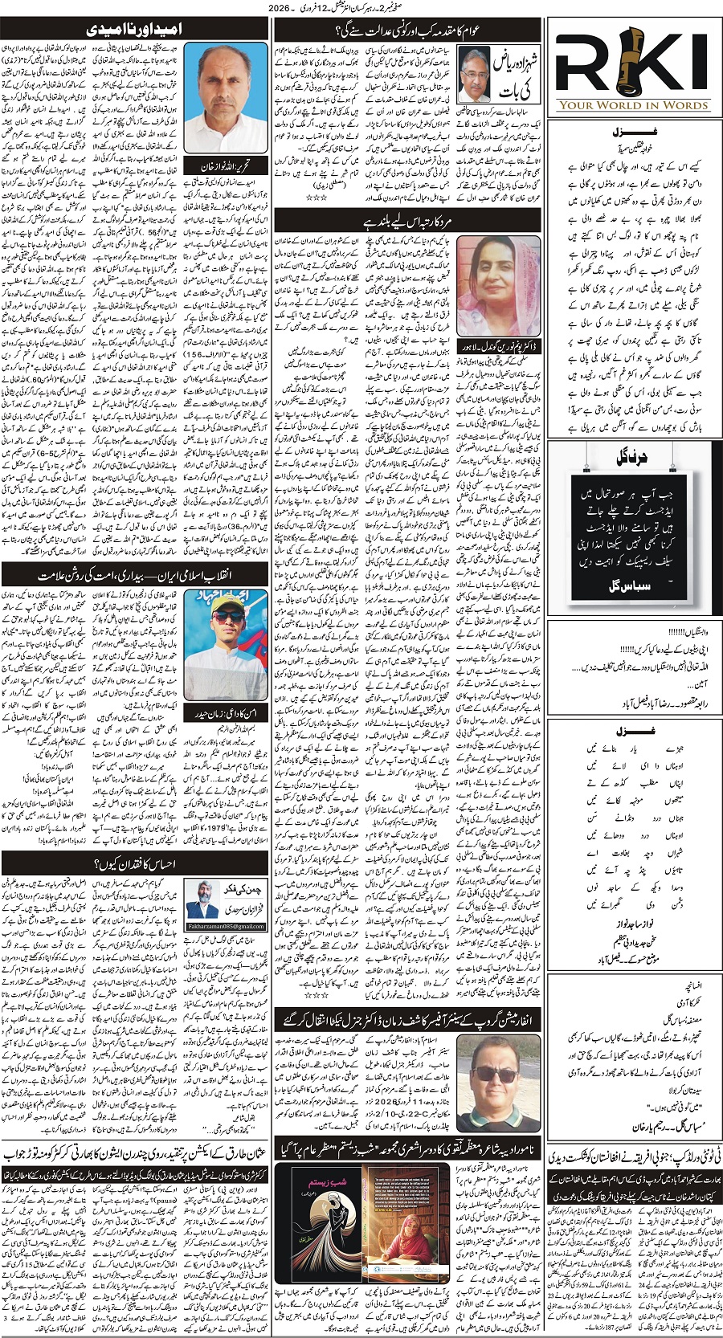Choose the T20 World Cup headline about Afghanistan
(x=635, y=1154)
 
